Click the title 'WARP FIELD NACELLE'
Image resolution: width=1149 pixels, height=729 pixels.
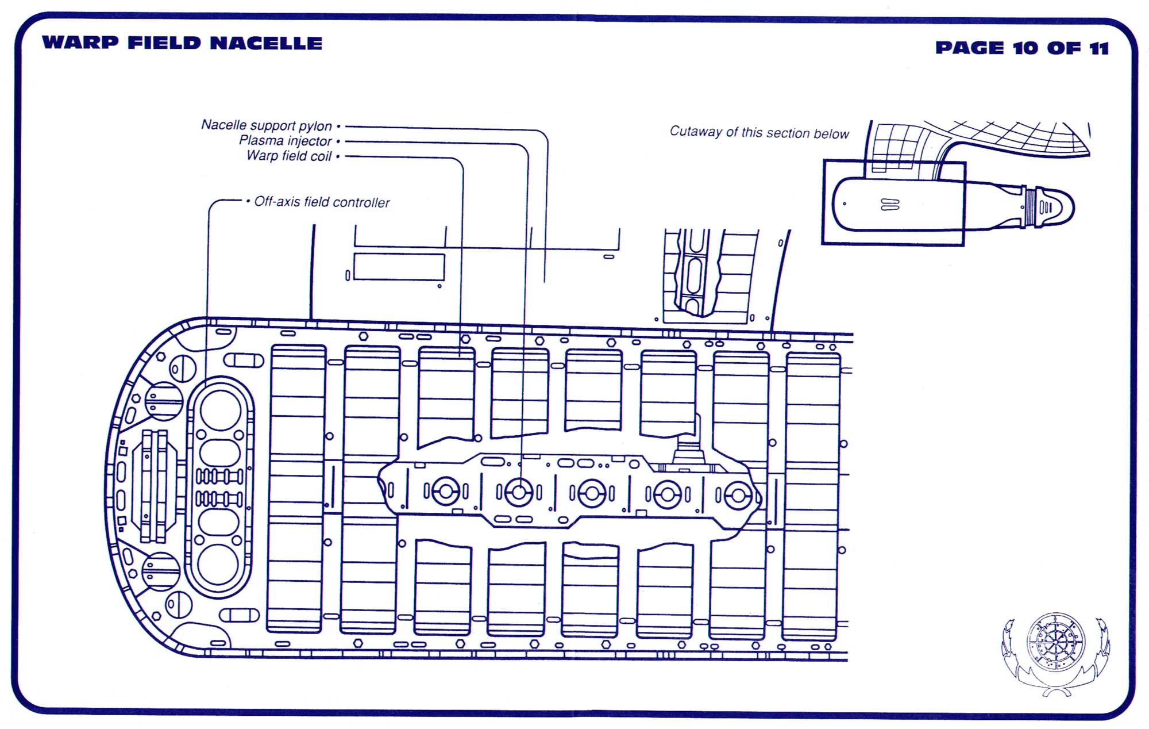point(182,43)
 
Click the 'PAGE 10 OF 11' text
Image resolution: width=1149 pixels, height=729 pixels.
point(1021,48)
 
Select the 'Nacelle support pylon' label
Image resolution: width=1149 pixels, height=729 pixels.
point(267,125)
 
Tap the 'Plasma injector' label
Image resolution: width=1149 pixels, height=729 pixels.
point(286,141)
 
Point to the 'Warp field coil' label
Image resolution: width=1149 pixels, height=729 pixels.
point(289,156)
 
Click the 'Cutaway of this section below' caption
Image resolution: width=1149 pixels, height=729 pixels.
point(759,133)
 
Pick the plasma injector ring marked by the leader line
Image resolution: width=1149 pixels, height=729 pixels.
point(519,492)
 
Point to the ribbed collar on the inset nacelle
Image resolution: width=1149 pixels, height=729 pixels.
point(1030,206)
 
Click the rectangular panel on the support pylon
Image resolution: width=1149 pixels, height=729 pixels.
point(399,267)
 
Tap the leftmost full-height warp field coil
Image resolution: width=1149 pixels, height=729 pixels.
point(296,489)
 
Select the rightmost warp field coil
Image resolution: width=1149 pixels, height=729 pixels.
point(812,497)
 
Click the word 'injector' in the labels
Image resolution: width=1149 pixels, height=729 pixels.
point(311,141)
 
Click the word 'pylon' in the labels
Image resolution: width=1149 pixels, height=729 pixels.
point(315,126)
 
